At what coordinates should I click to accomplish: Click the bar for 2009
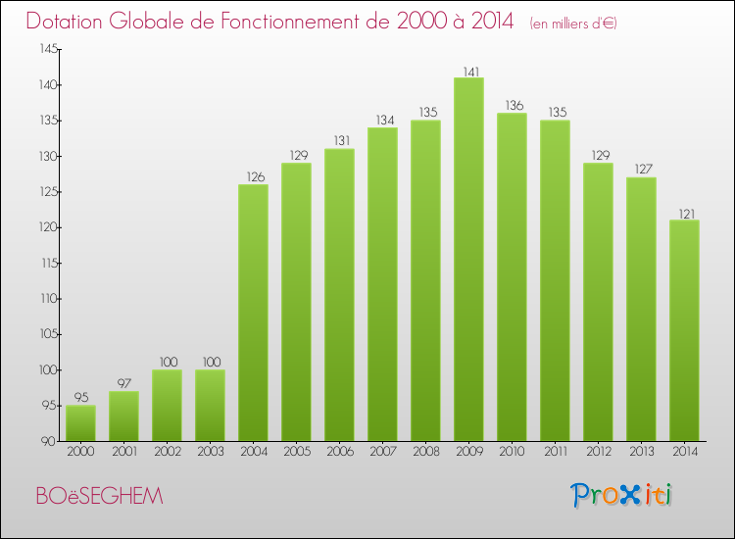(468, 260)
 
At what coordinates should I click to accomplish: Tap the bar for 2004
(253, 313)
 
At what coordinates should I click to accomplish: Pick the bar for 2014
(684, 330)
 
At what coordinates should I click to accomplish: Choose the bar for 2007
(382, 284)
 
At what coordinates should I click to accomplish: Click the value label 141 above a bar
(468, 71)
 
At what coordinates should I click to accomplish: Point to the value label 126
(253, 177)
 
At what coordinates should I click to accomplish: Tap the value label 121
(684, 213)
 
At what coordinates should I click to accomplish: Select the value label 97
(123, 383)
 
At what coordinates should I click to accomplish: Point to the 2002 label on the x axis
(167, 451)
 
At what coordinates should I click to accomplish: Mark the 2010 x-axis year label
(512, 451)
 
